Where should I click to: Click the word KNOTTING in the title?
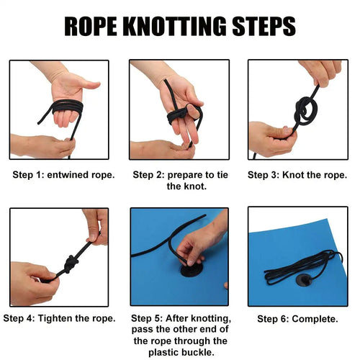174,26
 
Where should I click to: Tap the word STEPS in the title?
264,26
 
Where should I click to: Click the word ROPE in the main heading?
91,26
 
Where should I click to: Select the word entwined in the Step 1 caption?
68,175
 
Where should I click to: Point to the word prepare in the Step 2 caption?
187,175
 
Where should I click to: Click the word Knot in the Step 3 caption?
293,175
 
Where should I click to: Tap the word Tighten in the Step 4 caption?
55,318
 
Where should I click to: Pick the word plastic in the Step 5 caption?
163,353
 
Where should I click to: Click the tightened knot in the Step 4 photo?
71,264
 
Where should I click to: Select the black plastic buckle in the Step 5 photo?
192,270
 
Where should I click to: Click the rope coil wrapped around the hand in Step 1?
68,107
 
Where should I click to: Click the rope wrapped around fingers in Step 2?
177,115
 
